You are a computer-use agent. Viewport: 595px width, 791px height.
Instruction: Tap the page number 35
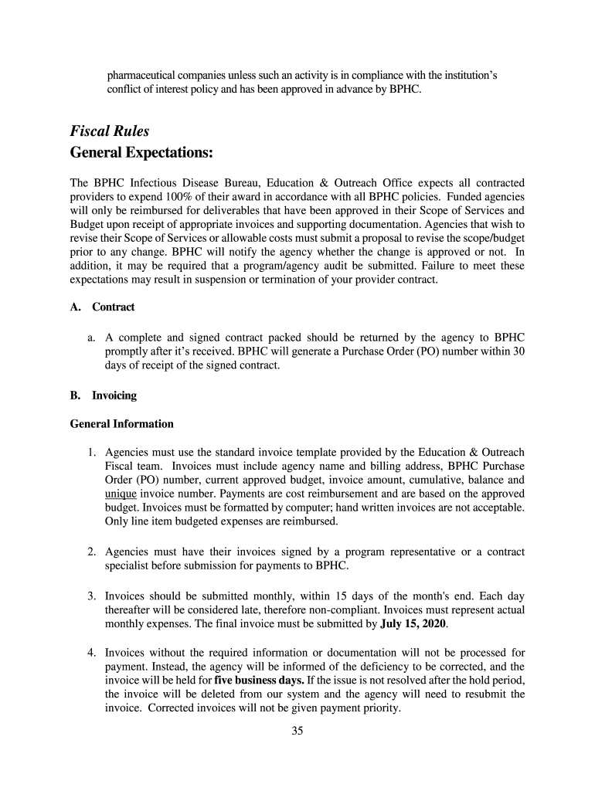(x=297, y=732)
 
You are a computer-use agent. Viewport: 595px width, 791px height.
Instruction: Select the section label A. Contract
(x=102, y=307)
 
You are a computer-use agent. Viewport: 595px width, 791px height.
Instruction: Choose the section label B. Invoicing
(x=103, y=395)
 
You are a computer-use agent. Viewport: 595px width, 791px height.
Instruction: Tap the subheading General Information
(x=121, y=424)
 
